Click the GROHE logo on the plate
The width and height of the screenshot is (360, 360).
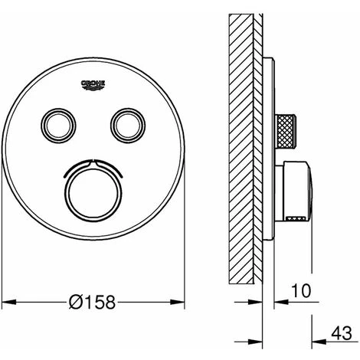[93, 85]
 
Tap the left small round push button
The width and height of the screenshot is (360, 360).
[58, 126]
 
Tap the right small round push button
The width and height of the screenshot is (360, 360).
[128, 126]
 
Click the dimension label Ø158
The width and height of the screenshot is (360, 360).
[93, 302]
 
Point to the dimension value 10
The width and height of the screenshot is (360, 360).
[301, 290]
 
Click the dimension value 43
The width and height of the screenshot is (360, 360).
[342, 333]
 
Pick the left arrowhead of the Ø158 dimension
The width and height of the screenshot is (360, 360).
[9, 302]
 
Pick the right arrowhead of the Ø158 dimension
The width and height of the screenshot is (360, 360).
[177, 302]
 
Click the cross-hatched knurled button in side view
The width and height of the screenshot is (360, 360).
[286, 131]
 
